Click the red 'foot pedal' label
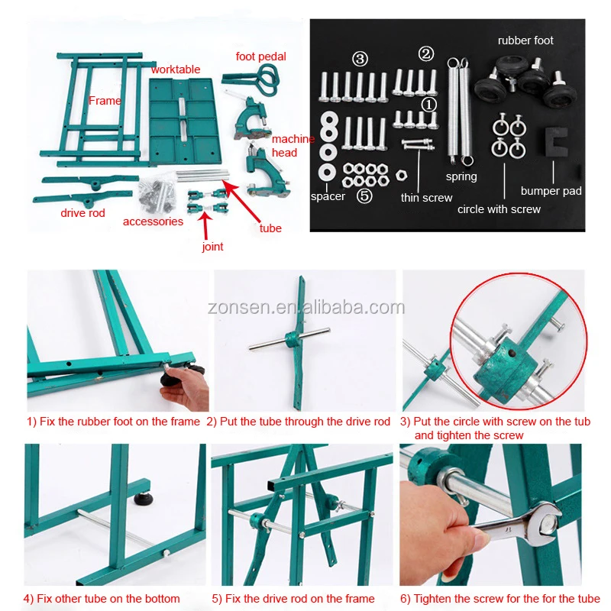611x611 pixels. [260, 57]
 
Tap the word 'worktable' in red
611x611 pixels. [176, 70]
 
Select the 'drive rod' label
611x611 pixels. [82, 213]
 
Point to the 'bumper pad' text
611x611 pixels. [551, 191]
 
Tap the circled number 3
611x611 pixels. [360, 59]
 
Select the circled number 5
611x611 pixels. [364, 196]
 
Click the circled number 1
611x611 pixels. [429, 105]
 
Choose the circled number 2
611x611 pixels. [426, 53]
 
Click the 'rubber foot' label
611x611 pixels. [525, 40]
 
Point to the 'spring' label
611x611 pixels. [461, 177]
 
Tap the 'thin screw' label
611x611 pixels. [426, 198]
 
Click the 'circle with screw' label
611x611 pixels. [499, 209]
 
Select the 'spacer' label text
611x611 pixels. [328, 196]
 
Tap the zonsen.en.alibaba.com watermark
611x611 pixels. [306, 308]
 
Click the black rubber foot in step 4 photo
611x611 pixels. [144, 498]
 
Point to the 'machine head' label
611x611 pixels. [293, 146]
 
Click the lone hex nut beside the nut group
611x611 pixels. [402, 176]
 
